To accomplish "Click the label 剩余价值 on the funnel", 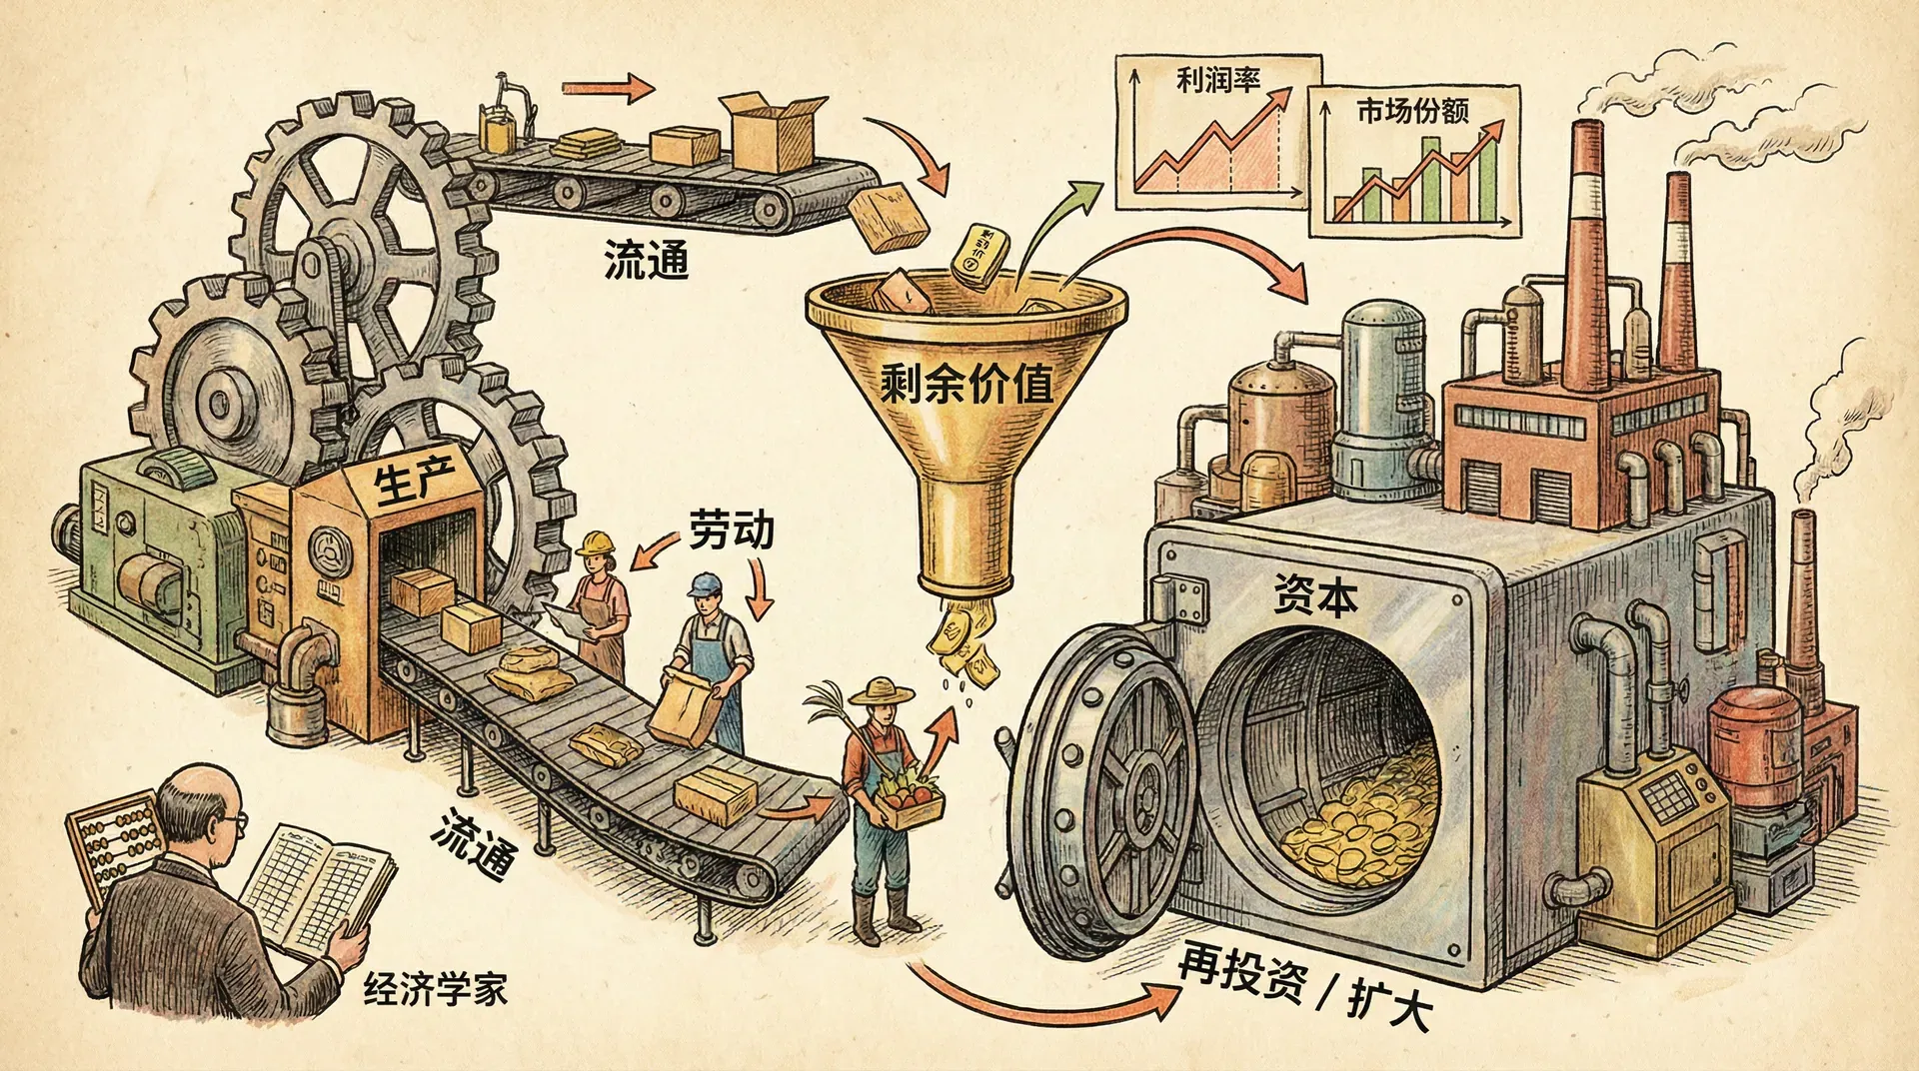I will (x=967, y=384).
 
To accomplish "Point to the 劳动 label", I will (x=731, y=530).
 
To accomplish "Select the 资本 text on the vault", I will (x=1315, y=595).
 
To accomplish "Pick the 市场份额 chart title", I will (x=1412, y=110).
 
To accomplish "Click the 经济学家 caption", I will (x=435, y=989).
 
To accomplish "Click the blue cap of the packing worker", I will (x=705, y=583).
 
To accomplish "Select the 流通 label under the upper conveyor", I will (x=646, y=261).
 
